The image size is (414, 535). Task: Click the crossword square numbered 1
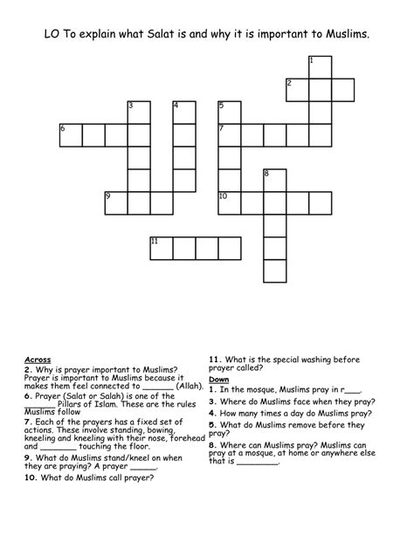(321, 66)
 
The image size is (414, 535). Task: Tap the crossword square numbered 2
(298, 89)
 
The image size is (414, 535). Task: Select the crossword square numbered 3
(139, 112)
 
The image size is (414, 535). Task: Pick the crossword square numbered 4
(184, 112)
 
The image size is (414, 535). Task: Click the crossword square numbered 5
(230, 112)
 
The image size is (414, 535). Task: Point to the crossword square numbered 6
(71, 134)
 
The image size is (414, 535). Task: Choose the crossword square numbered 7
(230, 134)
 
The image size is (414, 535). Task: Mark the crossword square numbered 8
(275, 180)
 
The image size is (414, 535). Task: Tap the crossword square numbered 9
(116, 202)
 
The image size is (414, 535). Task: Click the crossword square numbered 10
(230, 202)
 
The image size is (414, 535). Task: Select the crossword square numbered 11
(162, 248)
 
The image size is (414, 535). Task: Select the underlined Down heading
(218, 380)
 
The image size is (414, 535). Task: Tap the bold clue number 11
(214, 358)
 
